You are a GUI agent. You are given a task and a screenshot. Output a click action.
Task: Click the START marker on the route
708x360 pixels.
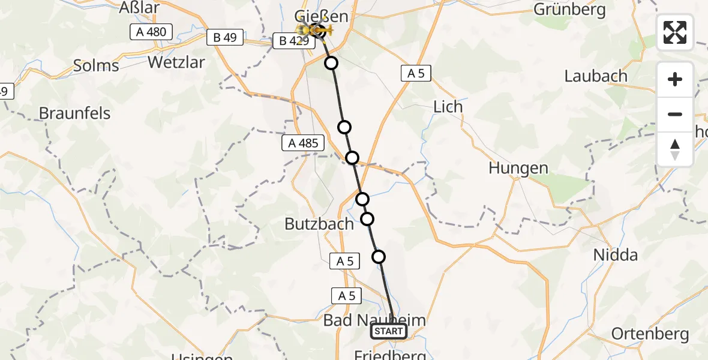389,331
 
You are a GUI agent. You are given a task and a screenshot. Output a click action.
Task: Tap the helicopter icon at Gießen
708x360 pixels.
316,30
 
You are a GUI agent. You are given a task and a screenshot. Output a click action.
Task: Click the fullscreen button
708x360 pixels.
675,32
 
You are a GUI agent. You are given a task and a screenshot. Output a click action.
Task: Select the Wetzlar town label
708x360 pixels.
176,62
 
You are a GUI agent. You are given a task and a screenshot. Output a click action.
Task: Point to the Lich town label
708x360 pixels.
448,107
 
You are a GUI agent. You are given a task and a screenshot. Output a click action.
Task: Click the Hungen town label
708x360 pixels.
518,168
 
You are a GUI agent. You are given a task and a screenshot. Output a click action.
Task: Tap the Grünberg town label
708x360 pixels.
564,10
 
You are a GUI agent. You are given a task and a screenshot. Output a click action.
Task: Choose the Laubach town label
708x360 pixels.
596,76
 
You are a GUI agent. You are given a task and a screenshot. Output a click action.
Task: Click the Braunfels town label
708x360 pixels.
75,113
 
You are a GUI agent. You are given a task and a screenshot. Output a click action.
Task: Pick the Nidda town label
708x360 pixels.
615,255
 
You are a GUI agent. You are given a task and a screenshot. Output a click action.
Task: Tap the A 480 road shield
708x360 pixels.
151,32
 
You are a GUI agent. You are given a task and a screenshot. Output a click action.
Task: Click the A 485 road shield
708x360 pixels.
302,143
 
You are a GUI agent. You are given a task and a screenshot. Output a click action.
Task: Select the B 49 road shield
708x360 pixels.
225,38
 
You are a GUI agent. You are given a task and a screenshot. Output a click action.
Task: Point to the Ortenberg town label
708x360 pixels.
650,334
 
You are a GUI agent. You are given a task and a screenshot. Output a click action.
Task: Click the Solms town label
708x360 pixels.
96,65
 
